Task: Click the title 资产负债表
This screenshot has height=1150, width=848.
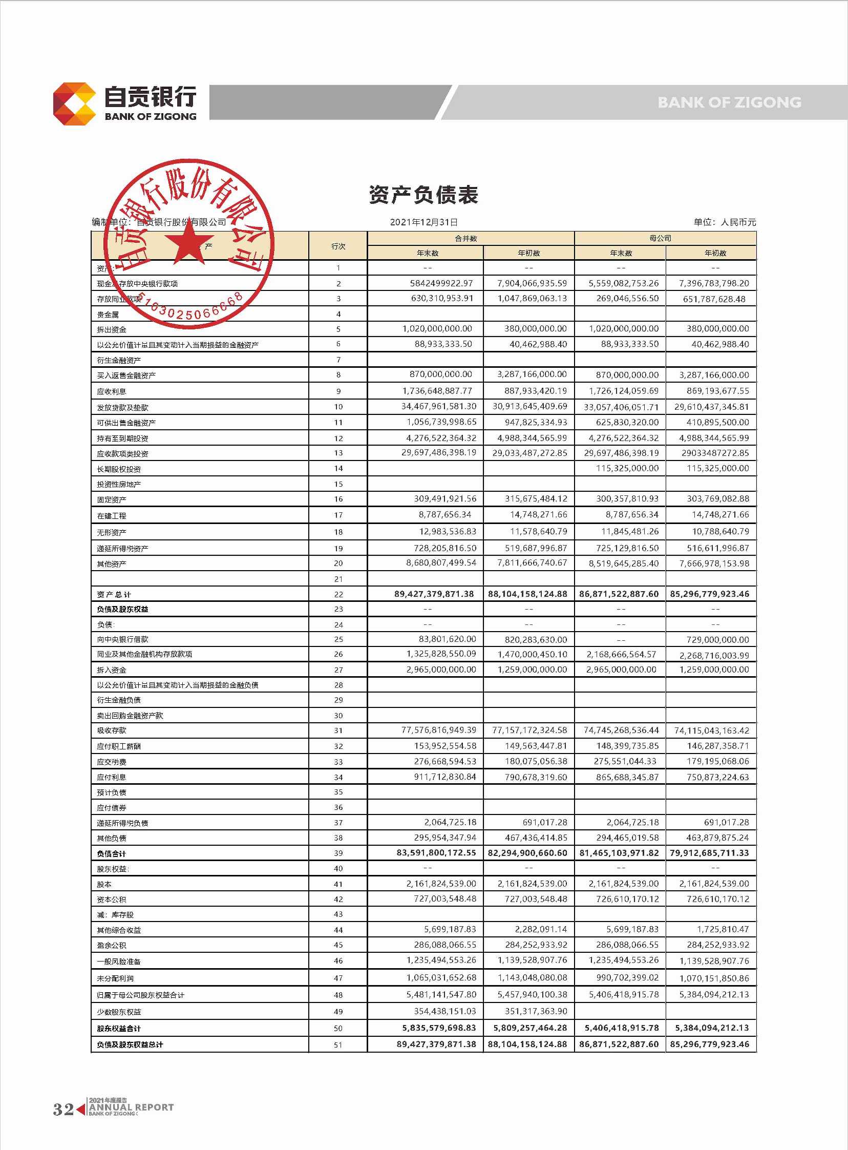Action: click(423, 195)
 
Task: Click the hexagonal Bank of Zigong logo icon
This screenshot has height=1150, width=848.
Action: click(74, 103)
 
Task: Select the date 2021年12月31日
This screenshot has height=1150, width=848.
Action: click(423, 222)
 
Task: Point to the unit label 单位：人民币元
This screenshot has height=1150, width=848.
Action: click(725, 222)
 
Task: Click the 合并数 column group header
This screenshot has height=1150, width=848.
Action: click(465, 238)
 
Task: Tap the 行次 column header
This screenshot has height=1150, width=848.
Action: click(338, 246)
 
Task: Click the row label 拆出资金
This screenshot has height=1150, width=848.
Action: click(112, 329)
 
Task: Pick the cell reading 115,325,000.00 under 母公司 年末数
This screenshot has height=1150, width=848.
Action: click(627, 468)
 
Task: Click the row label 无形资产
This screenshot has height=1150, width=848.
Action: click(112, 532)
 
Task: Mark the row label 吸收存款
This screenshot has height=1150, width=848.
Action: click(112, 730)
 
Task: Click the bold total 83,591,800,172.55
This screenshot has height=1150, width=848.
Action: click(436, 853)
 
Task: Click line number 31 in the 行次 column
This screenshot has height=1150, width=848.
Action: click(338, 730)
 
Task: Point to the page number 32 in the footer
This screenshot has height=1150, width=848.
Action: click(63, 1110)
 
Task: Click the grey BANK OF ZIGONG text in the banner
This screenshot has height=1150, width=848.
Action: click(729, 102)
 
